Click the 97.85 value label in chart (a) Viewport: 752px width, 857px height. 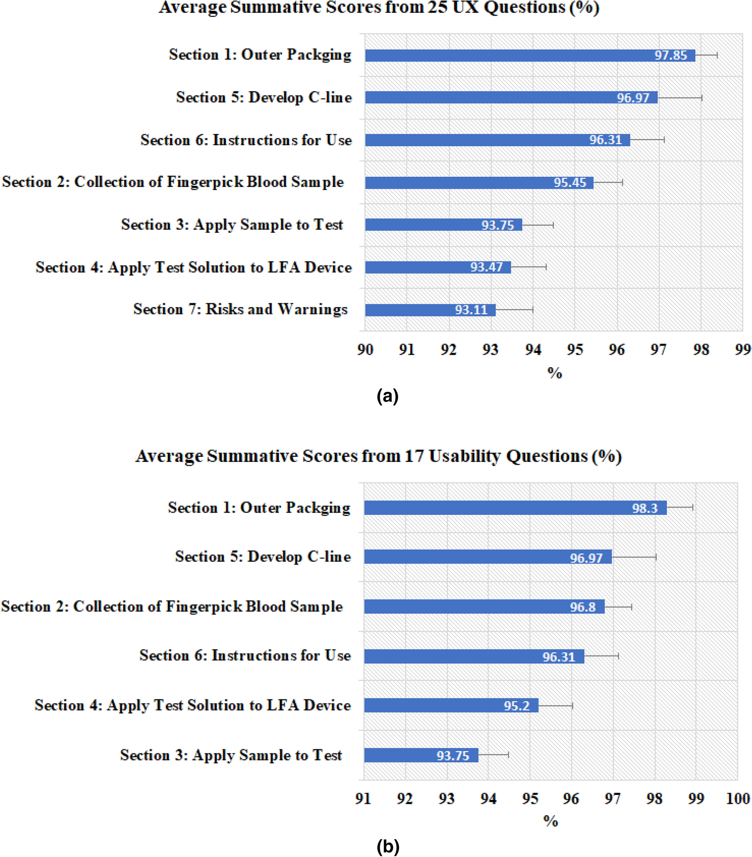[x=670, y=55]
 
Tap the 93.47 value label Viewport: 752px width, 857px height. [x=486, y=267]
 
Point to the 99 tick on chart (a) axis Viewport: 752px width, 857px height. [x=743, y=349]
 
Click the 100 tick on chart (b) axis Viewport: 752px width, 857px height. [x=738, y=798]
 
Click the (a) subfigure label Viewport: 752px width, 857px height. [x=387, y=396]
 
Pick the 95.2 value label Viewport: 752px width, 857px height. [x=516, y=706]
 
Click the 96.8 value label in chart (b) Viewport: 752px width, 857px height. [x=582, y=607]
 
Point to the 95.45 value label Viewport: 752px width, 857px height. [x=569, y=182]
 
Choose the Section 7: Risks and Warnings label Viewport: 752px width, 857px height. [x=240, y=309]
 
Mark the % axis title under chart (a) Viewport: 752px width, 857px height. [x=554, y=373]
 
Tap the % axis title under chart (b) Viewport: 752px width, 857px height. [x=550, y=820]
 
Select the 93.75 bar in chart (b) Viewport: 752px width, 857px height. [x=421, y=755]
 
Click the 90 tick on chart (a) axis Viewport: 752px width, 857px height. [x=365, y=349]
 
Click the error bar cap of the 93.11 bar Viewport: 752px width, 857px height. [x=532, y=310]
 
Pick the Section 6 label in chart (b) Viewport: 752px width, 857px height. [x=245, y=656]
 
